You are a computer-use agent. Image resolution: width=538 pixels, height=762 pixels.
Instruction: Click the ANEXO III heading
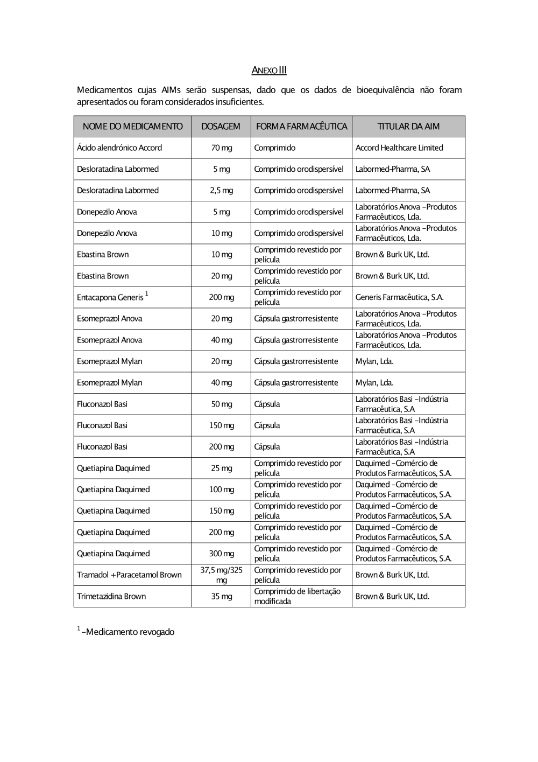pos(269,70)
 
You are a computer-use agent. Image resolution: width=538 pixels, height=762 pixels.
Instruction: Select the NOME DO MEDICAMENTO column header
pos(132,127)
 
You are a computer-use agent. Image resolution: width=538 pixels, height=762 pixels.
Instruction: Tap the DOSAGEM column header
pos(221,127)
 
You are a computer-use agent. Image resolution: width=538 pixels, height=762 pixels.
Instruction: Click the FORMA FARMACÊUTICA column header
pos(301,127)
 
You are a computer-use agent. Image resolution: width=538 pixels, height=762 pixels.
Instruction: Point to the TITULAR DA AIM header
pos(408,127)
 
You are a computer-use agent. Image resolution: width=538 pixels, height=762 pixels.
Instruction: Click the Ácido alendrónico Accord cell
pos(119,148)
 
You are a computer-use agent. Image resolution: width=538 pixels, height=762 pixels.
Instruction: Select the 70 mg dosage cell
pos(221,148)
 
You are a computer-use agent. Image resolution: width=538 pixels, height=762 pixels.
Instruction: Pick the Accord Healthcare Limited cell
pos(399,148)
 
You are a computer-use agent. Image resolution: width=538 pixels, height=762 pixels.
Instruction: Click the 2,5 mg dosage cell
pos(221,191)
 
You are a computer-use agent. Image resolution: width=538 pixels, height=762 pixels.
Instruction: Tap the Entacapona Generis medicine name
pos(110,297)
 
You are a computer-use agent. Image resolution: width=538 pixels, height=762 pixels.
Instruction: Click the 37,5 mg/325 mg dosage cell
pos(221,575)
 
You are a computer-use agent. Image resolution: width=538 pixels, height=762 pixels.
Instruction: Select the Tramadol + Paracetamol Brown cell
pos(129,575)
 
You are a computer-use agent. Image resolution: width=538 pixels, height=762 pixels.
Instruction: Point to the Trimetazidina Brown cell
pos(111,596)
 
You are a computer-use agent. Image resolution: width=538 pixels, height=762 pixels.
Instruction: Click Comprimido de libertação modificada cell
pos(298,596)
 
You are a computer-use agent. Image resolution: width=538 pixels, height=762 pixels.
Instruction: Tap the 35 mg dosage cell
pos(221,596)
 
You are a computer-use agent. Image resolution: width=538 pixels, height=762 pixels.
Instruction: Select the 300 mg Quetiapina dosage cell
pos(221,554)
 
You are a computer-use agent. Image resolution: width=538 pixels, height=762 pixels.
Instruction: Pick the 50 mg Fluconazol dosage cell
pos(221,404)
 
